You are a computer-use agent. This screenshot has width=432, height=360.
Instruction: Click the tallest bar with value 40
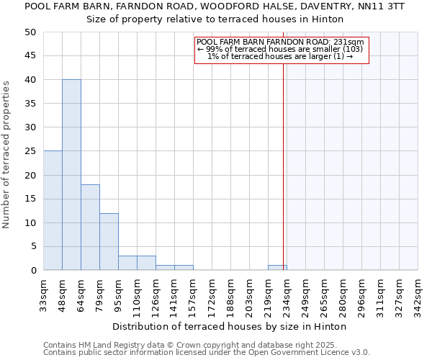coord(71,175)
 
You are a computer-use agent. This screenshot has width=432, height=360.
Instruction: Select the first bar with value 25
coord(53,210)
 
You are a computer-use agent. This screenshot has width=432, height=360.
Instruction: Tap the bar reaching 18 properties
coord(90,228)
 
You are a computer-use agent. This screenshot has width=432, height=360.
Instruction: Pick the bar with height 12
coord(109,242)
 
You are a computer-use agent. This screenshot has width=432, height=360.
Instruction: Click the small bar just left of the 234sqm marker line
coord(277,268)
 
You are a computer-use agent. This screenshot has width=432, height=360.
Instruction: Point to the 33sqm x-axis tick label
coord(44,294)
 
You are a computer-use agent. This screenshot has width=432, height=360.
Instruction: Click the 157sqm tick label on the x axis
coord(194,294)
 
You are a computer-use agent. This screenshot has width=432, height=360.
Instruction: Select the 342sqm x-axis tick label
coord(418,294)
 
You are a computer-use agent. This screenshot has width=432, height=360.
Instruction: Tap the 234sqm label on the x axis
coord(287,294)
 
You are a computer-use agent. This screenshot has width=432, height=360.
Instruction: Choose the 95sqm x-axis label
coord(119,294)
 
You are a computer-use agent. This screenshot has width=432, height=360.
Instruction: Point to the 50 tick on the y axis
coord(30,32)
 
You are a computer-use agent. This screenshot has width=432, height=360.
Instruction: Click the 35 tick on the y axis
coord(30,104)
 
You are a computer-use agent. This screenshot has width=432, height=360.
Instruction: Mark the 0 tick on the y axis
coord(33,271)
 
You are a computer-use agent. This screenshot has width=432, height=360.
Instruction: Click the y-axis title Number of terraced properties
coord(7,154)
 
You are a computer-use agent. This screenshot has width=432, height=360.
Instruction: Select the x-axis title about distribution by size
coord(230,326)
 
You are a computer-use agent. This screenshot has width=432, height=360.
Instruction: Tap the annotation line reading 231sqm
coord(280,42)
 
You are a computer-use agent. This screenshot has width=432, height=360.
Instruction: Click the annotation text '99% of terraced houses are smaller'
coord(280,49)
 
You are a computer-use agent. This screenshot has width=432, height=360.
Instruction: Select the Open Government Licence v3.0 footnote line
coord(207,353)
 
